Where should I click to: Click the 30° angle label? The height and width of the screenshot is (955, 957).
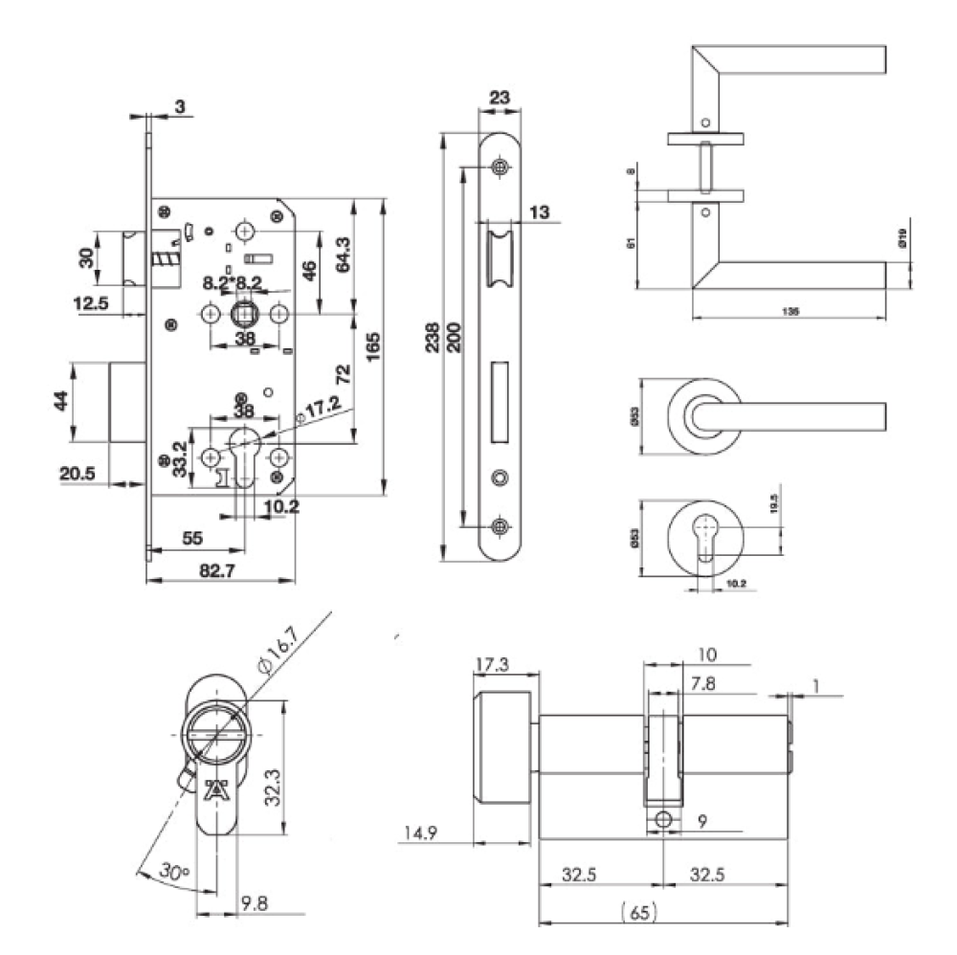tap(172, 873)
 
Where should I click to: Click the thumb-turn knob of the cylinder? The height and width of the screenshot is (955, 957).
tap(503, 746)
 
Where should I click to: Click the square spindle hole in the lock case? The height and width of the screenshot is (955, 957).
tap(244, 313)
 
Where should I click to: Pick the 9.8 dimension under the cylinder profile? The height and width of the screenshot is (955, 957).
tap(255, 900)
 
